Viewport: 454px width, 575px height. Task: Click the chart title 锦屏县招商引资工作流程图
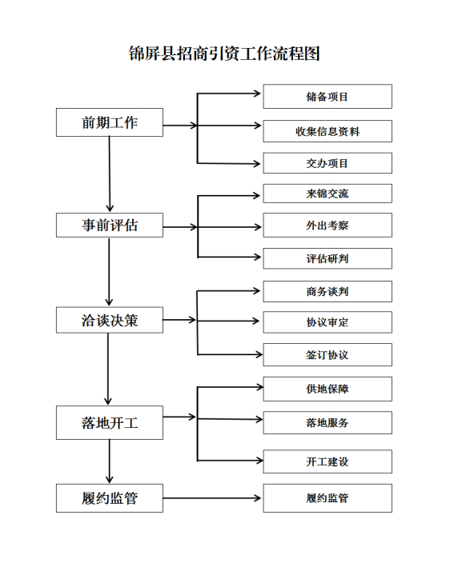[224, 54]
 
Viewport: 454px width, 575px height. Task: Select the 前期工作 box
[110, 122]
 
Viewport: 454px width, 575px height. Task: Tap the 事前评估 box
[110, 226]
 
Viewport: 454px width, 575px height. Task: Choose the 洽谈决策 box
[110, 320]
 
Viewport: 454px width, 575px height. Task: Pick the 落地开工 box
[110, 422]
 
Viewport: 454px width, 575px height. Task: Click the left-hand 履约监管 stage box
[110, 498]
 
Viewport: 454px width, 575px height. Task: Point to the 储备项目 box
[327, 97]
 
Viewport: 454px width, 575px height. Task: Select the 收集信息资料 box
[327, 131]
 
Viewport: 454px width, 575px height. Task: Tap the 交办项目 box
[327, 163]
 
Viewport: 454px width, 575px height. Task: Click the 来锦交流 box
[327, 194]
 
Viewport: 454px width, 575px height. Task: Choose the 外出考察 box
[327, 226]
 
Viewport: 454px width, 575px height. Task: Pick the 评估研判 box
[327, 258]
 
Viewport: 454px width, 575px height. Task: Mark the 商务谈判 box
[327, 292]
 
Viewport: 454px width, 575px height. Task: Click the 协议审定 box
[327, 322]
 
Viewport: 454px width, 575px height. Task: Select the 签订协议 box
[327, 354]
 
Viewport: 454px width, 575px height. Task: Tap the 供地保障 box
[327, 389]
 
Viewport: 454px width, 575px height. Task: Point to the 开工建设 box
[327, 461]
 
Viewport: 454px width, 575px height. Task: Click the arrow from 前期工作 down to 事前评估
[110, 174]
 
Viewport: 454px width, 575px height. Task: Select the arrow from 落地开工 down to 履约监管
[110, 461]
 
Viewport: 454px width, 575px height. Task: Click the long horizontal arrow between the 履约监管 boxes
[212, 498]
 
